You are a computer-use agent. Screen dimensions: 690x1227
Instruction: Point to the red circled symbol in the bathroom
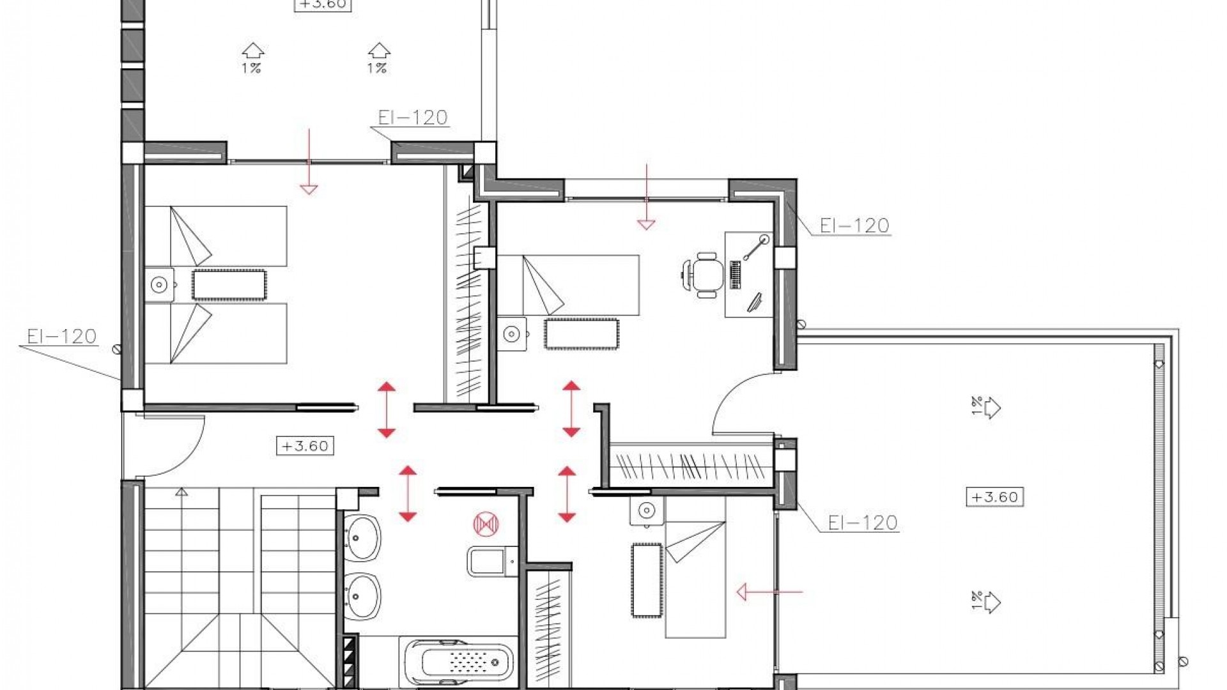[x=485, y=524]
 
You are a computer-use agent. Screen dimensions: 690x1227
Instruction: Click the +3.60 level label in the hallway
[x=305, y=445]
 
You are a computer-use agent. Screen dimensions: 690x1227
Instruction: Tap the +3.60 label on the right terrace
[x=994, y=496]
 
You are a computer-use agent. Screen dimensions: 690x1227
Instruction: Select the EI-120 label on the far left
[x=62, y=336]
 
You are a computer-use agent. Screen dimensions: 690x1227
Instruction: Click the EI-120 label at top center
[x=413, y=118]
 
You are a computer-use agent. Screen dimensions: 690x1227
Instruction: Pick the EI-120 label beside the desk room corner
[x=854, y=226]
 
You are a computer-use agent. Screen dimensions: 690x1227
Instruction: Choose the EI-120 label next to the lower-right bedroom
[x=863, y=523]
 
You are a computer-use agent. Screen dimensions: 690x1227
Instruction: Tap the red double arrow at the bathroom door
[x=408, y=494]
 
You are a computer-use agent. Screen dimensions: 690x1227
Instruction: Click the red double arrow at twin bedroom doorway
[x=386, y=410]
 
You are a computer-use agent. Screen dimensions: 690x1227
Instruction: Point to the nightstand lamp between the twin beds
[x=159, y=284]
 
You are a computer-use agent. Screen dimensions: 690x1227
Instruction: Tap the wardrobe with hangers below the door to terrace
[x=690, y=464]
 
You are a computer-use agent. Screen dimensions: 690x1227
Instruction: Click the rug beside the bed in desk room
[x=581, y=333]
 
